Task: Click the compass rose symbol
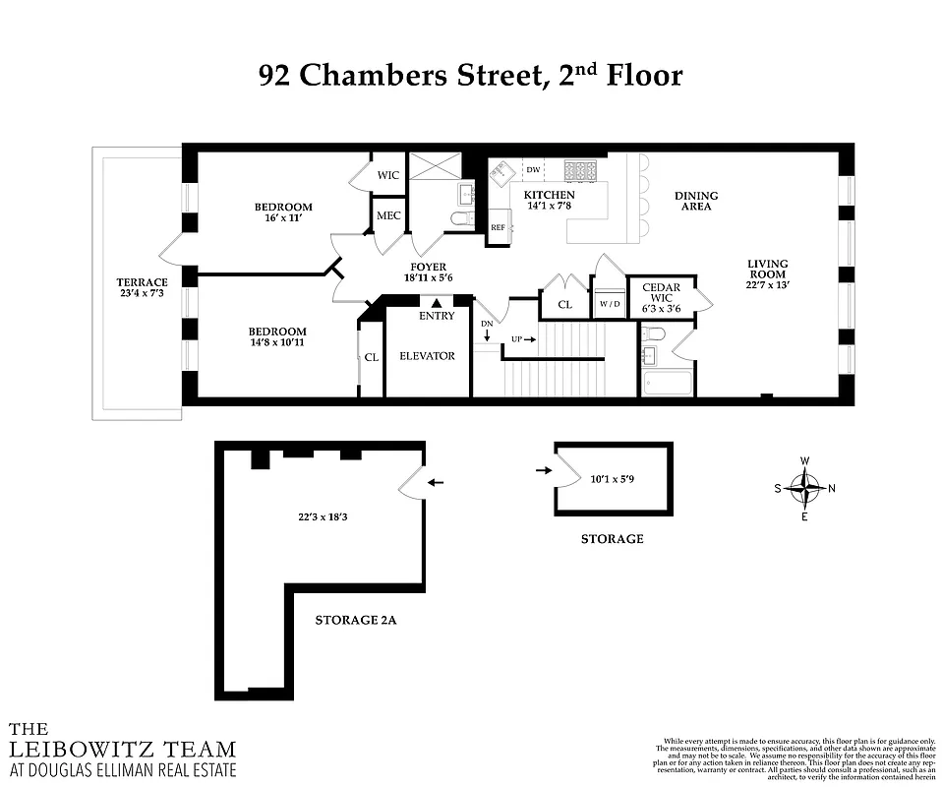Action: coord(805,488)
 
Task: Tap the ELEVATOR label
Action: coord(428,355)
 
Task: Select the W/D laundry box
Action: coord(609,305)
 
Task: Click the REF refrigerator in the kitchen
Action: coord(499,228)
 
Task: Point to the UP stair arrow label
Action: coord(521,339)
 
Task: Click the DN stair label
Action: coord(487,324)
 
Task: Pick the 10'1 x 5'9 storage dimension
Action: coord(611,480)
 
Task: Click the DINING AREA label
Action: coord(695,201)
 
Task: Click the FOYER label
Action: coord(429,267)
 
